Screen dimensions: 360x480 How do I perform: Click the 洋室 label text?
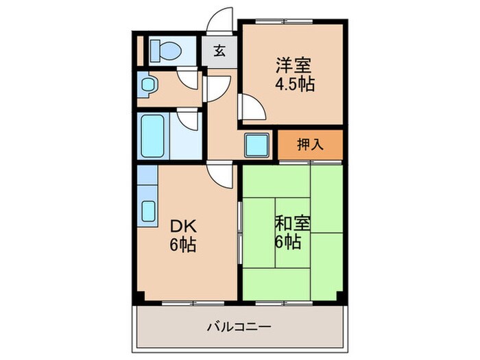pyautogui.click(x=294, y=67)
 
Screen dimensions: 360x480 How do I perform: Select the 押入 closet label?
pyautogui.click(x=310, y=145)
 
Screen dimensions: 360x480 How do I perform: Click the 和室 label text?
pyautogui.click(x=293, y=224)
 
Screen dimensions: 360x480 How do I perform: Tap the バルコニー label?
pyautogui.click(x=240, y=326)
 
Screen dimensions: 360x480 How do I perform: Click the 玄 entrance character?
pyautogui.click(x=219, y=51)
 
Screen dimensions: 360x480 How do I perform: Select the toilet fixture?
pyautogui.click(x=165, y=49)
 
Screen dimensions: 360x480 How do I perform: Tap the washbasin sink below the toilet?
pyautogui.click(x=148, y=86)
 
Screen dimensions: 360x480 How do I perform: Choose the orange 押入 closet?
pyautogui.click(x=310, y=145)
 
